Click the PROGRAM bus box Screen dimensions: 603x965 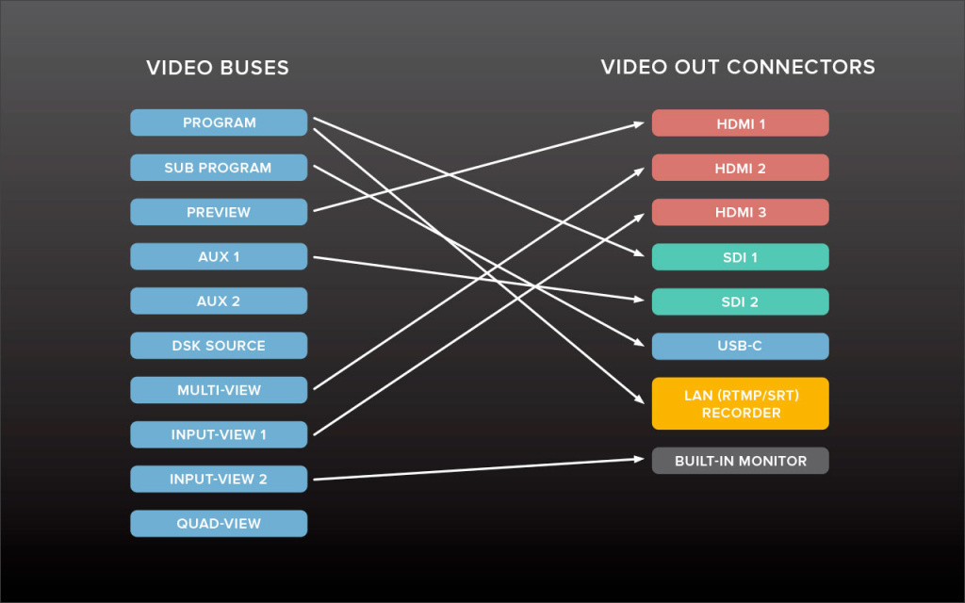219,122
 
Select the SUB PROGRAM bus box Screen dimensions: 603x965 219,168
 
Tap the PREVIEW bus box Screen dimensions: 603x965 219,212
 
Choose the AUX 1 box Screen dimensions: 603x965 219,256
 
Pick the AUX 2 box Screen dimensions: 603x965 219,301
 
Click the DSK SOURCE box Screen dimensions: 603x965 219,346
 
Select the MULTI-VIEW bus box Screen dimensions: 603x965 219,390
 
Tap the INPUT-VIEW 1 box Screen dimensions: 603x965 219,434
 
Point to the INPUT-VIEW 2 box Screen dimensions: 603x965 219,479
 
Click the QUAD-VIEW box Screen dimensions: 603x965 219,524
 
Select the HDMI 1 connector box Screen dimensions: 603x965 741,123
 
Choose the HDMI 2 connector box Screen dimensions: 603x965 741,168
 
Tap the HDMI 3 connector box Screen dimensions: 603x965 741,212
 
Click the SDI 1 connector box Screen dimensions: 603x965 741,257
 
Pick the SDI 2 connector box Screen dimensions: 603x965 741,301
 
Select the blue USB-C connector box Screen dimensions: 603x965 741,346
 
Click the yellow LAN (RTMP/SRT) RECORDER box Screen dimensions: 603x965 741,403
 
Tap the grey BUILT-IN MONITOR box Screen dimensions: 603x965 741,461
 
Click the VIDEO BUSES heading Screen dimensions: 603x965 218,68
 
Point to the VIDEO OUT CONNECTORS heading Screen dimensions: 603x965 738,68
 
